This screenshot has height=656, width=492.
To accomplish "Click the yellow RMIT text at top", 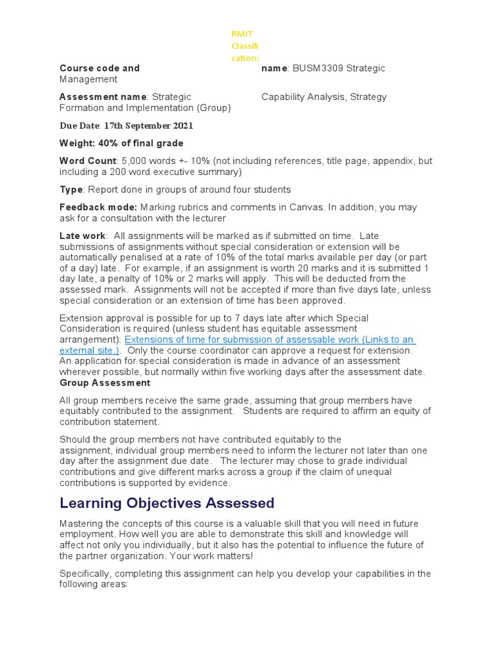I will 242,34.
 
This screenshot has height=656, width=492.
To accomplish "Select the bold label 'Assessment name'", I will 103,97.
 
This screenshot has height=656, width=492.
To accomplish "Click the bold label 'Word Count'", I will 88,160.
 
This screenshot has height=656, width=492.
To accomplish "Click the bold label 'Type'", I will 71,190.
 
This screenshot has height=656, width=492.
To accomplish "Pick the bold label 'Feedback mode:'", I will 98,207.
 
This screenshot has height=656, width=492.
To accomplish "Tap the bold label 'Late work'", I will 82,236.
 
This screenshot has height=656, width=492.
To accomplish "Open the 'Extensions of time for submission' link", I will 269,340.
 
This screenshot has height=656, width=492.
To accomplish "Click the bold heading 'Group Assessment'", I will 105,382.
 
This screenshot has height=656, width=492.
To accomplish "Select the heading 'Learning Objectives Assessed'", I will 167,503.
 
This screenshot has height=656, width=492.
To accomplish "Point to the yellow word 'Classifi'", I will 245,46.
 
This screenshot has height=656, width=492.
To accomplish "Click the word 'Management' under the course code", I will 88,79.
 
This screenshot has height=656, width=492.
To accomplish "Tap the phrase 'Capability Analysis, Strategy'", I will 324,97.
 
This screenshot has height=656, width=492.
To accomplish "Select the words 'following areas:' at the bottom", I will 94,584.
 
